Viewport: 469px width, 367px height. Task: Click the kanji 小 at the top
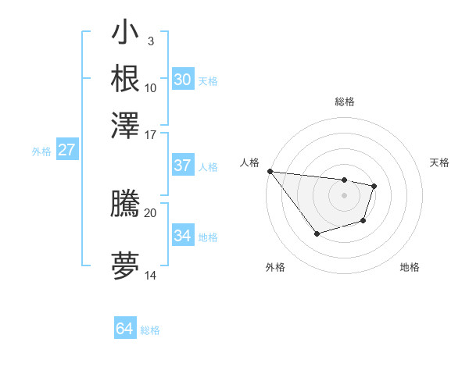(125, 34)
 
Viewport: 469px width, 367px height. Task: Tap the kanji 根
(125, 79)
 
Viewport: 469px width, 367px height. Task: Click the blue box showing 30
(182, 80)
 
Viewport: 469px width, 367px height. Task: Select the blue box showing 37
(182, 166)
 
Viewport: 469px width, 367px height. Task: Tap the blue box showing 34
(182, 235)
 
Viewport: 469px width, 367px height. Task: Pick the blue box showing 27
(66, 150)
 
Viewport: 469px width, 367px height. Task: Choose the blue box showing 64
(124, 329)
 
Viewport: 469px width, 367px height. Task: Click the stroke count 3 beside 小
(150, 41)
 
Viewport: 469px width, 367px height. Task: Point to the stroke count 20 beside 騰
(150, 212)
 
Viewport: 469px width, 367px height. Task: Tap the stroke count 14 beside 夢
(150, 275)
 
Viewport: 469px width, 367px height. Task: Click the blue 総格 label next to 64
(150, 330)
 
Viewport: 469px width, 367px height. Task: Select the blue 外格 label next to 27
(41, 151)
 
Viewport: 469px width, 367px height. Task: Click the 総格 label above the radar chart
(344, 102)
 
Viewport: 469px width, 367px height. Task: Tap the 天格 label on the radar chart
(440, 162)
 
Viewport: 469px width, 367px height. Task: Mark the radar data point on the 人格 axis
(270, 171)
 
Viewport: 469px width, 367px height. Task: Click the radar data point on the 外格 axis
(317, 233)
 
